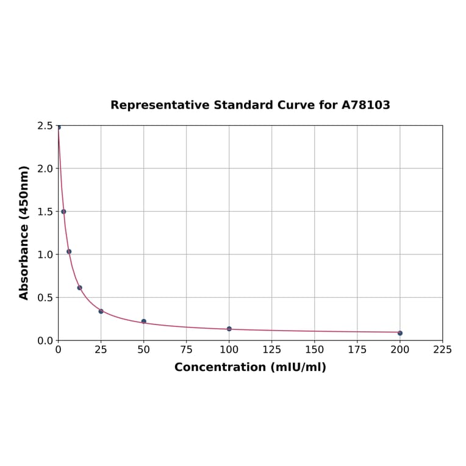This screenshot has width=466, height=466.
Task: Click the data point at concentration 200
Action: pos(400,333)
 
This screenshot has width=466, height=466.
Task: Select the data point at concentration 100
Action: pos(229,329)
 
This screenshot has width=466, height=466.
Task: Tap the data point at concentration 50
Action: pos(144,321)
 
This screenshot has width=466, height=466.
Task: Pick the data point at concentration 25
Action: pos(101,311)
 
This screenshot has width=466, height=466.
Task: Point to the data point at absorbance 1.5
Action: pos(63,212)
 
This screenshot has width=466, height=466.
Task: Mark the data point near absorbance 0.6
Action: pos(80,288)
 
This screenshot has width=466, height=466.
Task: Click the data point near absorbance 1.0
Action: pos(69,251)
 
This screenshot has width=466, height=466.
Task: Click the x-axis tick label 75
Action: pos(187,349)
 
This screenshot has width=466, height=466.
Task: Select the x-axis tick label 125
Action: pos(272,349)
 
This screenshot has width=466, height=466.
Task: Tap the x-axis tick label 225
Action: pos(443,349)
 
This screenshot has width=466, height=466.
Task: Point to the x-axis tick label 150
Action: pos(315,349)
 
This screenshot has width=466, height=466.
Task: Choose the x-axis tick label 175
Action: pos(357,349)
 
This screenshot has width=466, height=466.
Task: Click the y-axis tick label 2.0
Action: pos(45,169)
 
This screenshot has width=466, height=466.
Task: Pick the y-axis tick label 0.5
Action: pos(45,298)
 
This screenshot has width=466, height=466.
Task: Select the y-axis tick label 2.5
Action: pos(45,126)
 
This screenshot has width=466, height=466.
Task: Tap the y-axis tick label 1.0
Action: pos(45,255)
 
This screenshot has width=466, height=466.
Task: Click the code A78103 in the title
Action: pos(365,106)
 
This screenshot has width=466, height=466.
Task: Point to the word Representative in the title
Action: pos(160,106)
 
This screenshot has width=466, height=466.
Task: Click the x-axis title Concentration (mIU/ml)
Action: pos(250,367)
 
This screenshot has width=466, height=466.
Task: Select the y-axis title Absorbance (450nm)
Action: pos(24,232)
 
